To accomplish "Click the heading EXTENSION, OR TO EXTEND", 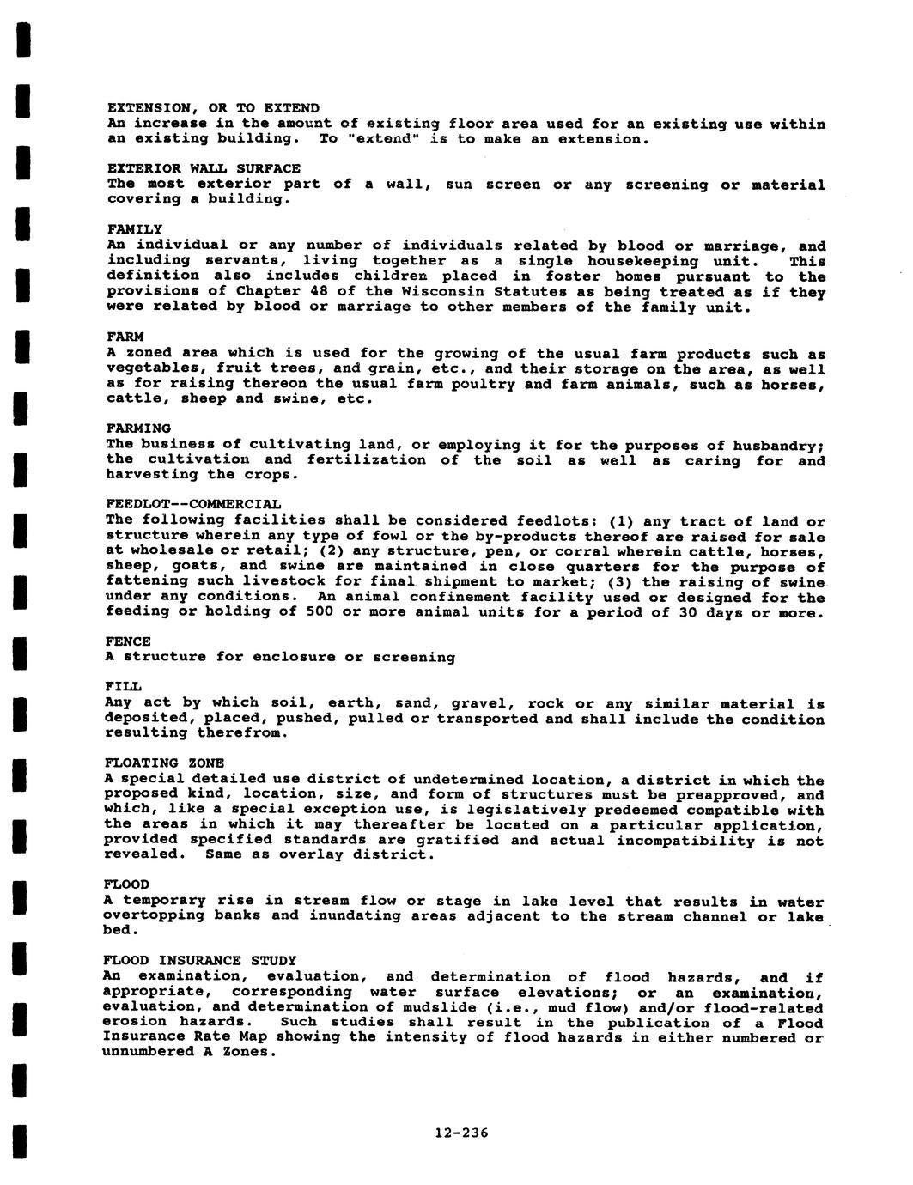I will (213, 108).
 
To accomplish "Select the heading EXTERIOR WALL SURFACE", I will (204, 168).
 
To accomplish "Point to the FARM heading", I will (125, 337).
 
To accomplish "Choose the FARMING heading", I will (139, 428).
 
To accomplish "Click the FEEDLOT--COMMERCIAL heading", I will (193, 503).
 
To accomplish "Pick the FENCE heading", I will (128, 641).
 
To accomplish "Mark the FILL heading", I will (123, 687).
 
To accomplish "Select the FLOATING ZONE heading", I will (164, 763).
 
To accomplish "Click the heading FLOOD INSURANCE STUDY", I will (200, 960).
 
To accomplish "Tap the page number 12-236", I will (461, 1133).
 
